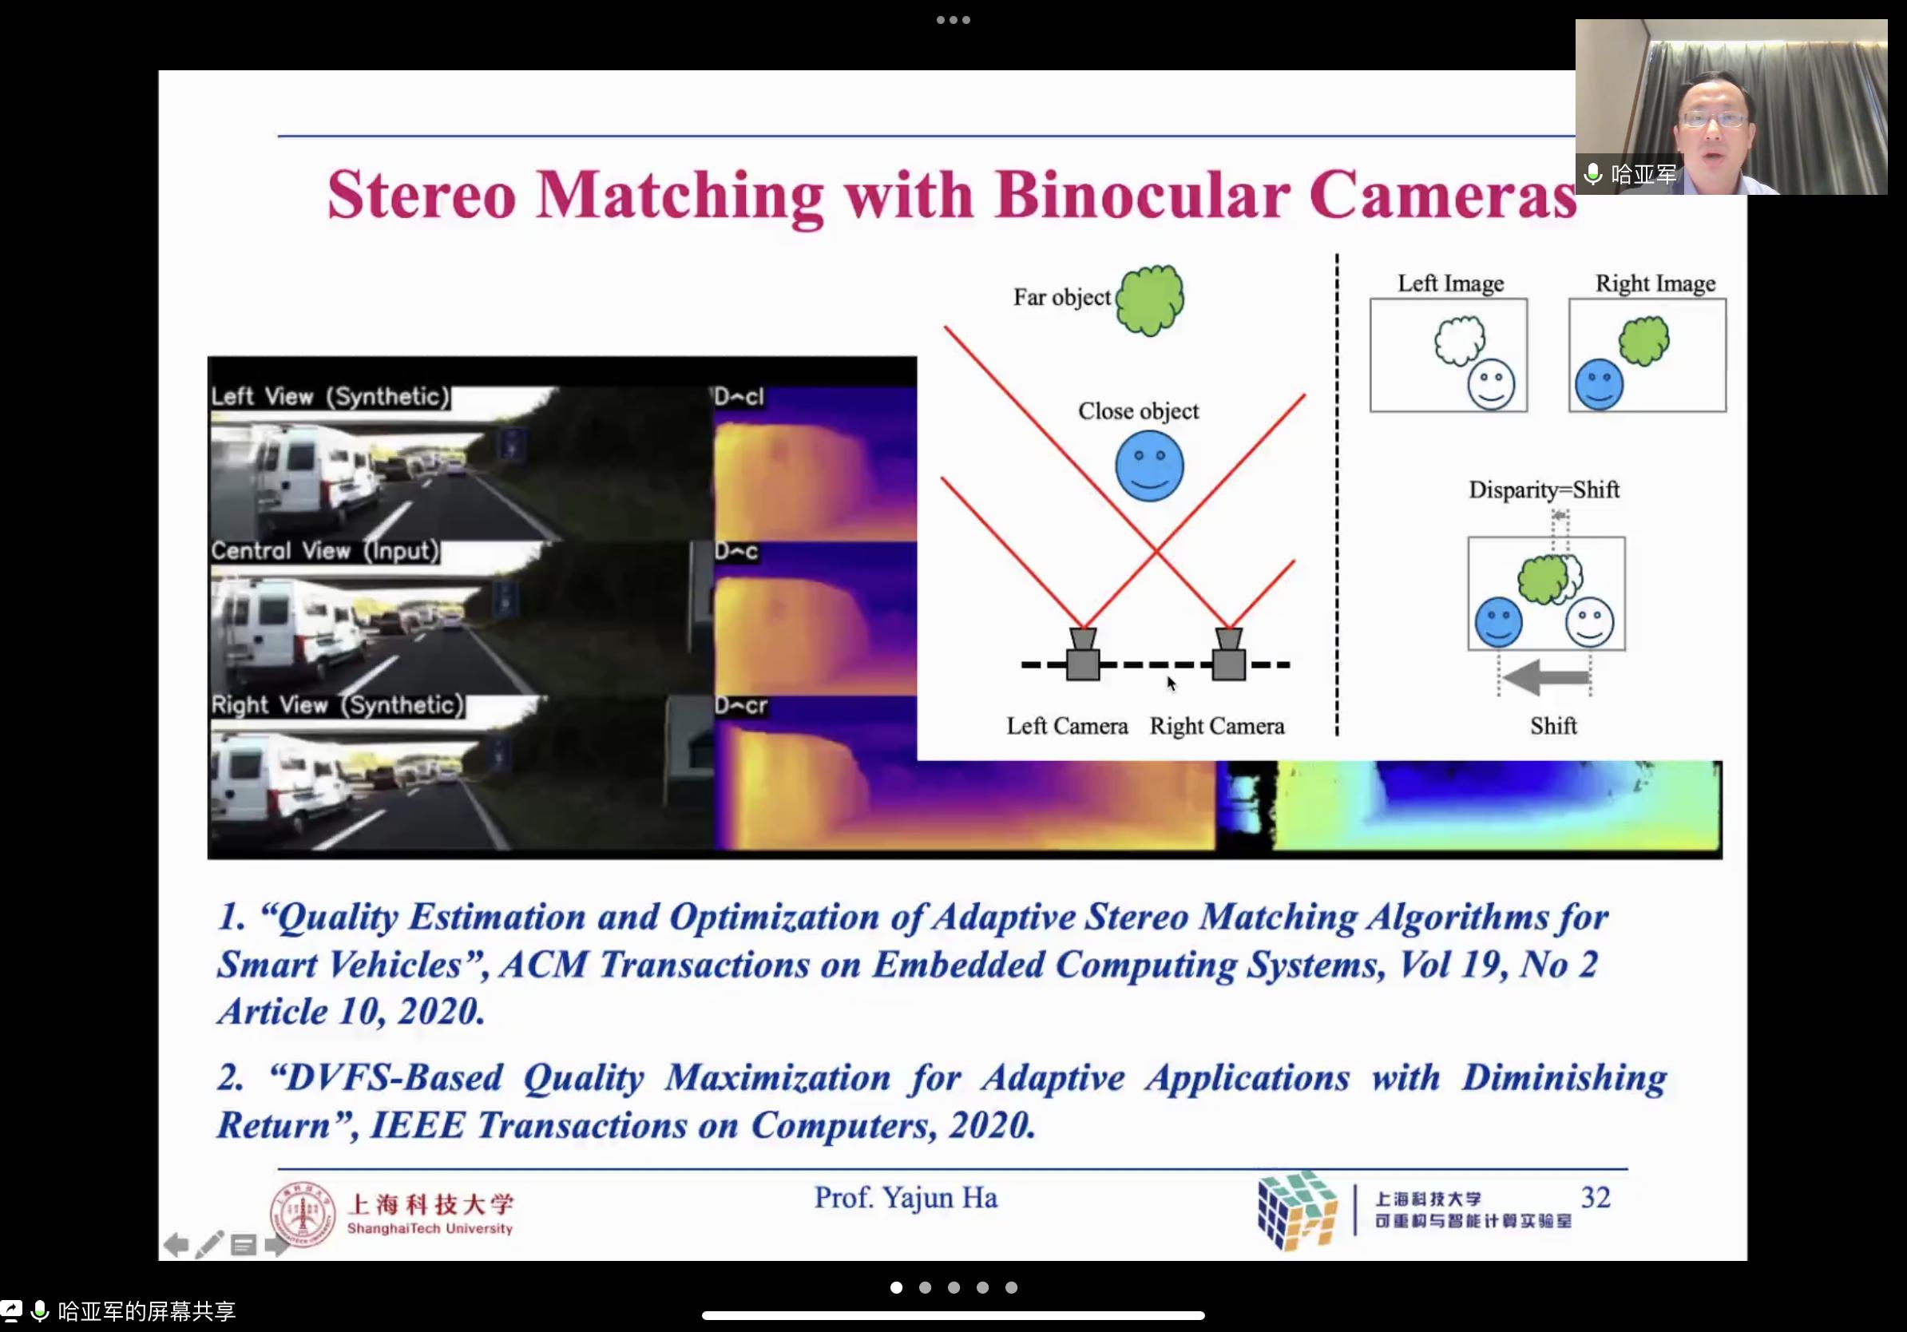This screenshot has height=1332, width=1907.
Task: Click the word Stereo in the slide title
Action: click(x=421, y=194)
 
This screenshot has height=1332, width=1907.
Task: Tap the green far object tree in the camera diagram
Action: click(x=1150, y=299)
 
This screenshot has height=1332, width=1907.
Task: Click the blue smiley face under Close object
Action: click(x=1149, y=466)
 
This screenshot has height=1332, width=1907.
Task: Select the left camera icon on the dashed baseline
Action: click(x=1083, y=654)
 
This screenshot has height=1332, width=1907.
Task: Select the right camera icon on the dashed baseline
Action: click(x=1228, y=654)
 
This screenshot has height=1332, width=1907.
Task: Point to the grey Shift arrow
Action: click(x=1546, y=677)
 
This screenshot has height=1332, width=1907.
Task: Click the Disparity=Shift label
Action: click(x=1544, y=490)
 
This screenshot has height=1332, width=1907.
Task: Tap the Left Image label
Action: click(x=1450, y=283)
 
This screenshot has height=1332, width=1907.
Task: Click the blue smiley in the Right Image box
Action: click(x=1599, y=384)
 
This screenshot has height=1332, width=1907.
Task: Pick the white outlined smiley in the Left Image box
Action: click(x=1491, y=384)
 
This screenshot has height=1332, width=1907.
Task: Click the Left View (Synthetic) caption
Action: click(x=330, y=397)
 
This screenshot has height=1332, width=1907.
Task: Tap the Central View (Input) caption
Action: click(x=324, y=551)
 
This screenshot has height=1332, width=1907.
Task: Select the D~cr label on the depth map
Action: click(x=741, y=706)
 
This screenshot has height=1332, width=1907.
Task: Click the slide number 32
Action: click(x=1596, y=1198)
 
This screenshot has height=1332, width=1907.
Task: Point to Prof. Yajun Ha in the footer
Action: click(x=906, y=1199)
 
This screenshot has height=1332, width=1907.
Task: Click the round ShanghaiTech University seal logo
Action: click(x=303, y=1214)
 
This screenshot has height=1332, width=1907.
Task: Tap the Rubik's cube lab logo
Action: click(x=1297, y=1210)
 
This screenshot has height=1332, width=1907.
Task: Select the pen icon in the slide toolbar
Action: click(x=209, y=1244)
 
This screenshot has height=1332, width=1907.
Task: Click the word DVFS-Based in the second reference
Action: click(x=387, y=1078)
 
